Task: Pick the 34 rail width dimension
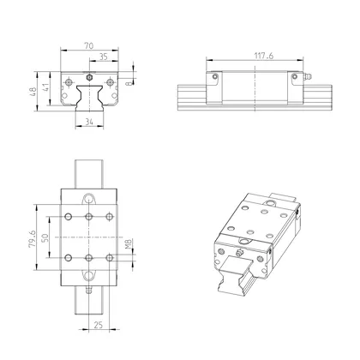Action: point(89,123)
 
